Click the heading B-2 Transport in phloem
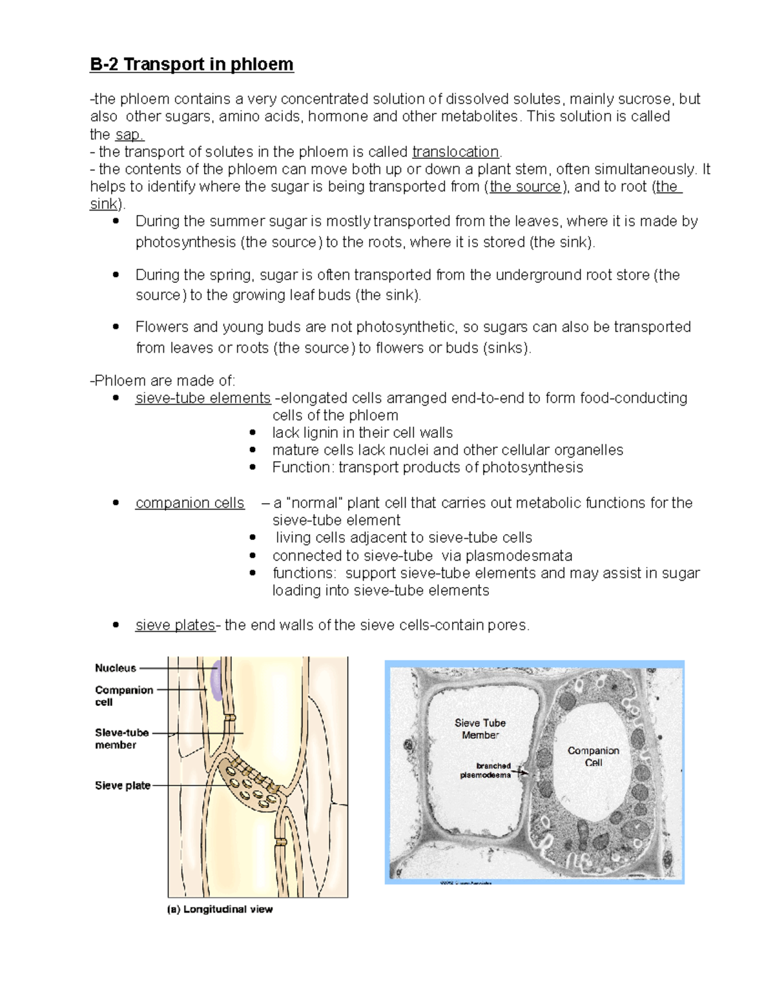pos(191,65)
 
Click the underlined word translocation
pos(455,152)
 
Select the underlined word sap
pos(129,134)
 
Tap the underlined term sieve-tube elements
pos(203,398)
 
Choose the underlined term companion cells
pos(190,503)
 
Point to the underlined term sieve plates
pos(175,625)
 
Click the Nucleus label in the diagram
pos(116,668)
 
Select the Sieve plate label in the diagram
pos(123,785)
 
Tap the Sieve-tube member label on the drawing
pos(121,739)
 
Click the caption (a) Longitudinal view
pos(220,909)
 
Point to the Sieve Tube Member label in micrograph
pos(480,729)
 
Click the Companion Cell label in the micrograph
pos(593,756)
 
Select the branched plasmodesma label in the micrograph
pos(486,770)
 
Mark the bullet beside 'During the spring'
pos(116,274)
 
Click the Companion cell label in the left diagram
pos(123,696)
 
